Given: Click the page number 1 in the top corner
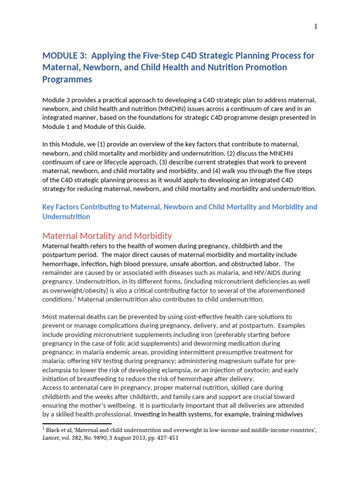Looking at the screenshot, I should [x=316, y=26].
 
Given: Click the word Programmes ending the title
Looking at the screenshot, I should [x=67, y=79].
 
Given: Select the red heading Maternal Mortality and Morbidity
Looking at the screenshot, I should [x=107, y=236].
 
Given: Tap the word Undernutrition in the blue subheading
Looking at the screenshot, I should [x=66, y=216].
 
